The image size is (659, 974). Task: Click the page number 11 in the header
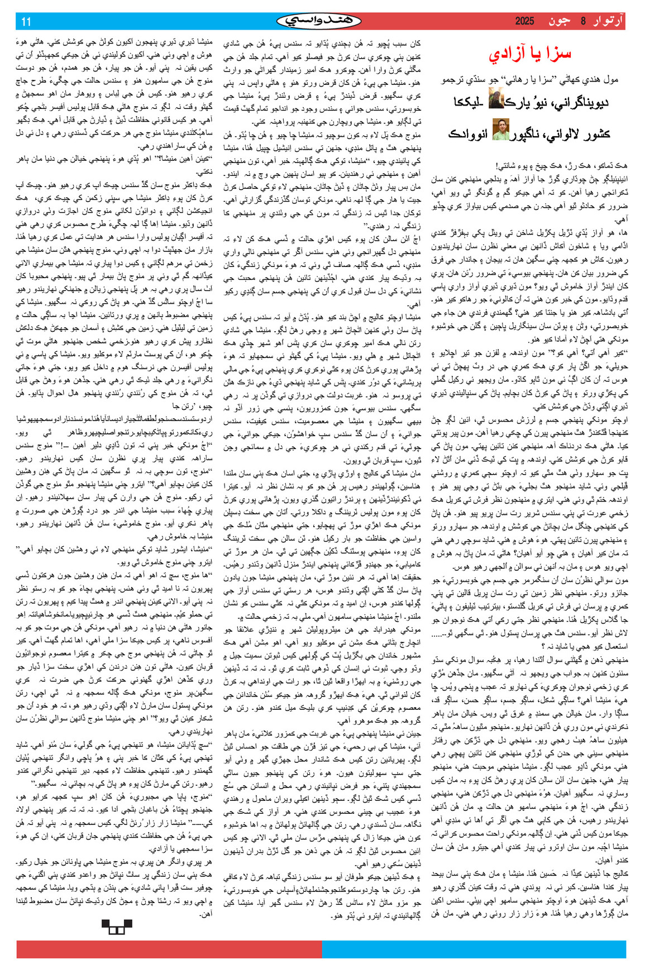26,22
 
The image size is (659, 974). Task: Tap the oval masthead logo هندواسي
319,21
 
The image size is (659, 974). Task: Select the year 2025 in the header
524,22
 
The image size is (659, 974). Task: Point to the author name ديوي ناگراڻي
580,102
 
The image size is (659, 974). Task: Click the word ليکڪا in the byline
469,102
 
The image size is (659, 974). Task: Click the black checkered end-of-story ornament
117,927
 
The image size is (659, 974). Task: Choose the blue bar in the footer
474,950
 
